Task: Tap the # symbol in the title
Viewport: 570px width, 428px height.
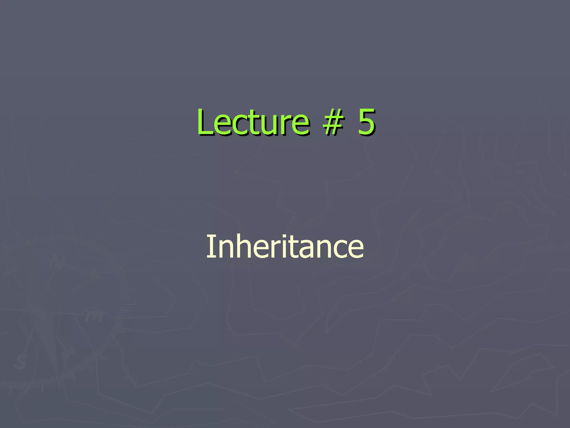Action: point(332,123)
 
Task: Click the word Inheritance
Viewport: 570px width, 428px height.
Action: point(285,246)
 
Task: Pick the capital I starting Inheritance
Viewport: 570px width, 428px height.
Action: point(210,246)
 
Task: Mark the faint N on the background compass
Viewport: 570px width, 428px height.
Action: point(57,262)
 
